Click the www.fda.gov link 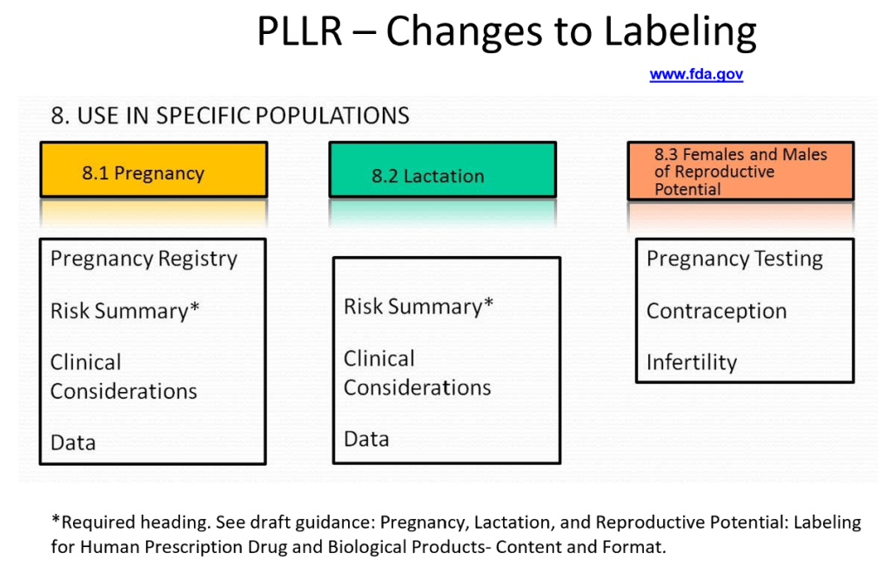696,75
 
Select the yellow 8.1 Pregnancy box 153,172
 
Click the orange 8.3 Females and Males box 740,171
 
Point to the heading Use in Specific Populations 230,116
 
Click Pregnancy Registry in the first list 144,259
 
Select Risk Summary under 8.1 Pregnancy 124,311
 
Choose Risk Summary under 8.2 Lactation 418,307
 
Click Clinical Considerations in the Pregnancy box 123,376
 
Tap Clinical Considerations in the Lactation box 417,373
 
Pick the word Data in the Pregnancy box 73,442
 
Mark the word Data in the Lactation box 366,439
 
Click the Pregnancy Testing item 734,259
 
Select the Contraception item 716,311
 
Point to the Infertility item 691,362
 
